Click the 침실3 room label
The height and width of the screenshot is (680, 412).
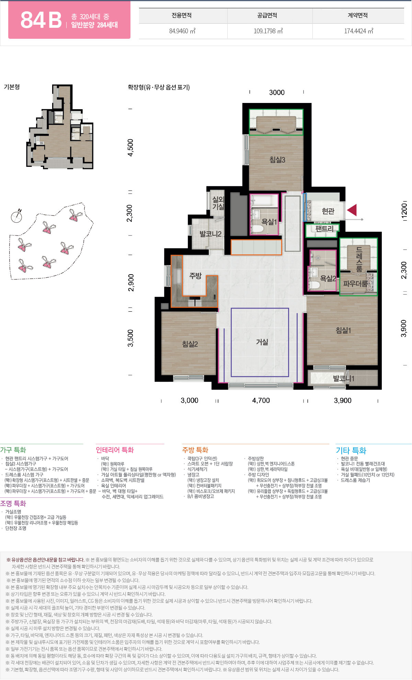(277, 160)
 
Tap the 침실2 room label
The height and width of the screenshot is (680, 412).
(190, 344)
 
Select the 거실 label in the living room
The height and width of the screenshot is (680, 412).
(262, 342)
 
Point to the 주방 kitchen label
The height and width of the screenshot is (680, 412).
(195, 276)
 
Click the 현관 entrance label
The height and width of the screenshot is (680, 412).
(328, 211)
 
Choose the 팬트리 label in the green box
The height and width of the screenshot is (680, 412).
(324, 229)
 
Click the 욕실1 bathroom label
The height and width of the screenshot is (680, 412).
(269, 222)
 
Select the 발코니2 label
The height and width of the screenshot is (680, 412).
(210, 234)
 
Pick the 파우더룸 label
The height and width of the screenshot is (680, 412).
(355, 284)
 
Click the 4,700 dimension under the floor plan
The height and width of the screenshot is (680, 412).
(261, 400)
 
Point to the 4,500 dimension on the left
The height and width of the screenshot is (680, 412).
(130, 148)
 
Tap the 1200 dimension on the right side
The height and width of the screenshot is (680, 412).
(404, 209)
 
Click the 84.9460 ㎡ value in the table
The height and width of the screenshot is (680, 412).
(182, 31)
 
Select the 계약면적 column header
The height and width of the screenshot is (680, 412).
(358, 15)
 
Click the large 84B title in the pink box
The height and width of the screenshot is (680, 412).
(41, 20)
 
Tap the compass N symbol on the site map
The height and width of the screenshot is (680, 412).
(17, 216)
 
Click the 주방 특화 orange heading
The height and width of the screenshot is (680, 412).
(195, 450)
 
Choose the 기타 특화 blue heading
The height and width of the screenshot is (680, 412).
(351, 450)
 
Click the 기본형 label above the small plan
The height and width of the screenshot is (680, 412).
(12, 87)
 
